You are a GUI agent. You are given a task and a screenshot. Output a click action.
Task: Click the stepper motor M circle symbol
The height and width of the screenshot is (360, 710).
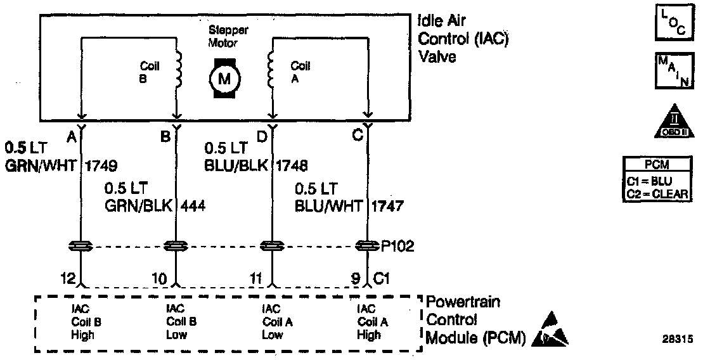click(x=224, y=79)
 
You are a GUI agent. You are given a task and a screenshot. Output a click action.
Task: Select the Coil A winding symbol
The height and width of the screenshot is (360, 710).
click(x=271, y=68)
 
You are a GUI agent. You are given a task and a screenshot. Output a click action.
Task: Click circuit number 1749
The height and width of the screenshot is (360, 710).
click(x=101, y=166)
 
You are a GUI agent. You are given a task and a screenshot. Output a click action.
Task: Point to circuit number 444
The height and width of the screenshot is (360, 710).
click(x=193, y=205)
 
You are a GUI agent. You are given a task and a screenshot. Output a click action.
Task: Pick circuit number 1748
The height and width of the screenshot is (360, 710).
click(x=292, y=166)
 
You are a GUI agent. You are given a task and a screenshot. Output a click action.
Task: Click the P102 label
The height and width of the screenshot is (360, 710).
click(x=397, y=246)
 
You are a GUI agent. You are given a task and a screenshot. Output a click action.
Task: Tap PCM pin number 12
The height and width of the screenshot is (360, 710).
click(x=68, y=278)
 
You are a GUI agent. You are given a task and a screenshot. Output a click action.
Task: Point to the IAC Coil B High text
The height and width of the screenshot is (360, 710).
click(x=82, y=322)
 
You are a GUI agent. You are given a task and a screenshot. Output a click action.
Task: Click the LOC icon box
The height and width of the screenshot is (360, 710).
click(x=671, y=20)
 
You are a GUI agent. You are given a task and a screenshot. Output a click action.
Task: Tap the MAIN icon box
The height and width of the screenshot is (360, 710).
click(x=671, y=72)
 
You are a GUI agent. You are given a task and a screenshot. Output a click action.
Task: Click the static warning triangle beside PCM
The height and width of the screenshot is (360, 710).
click(x=552, y=337)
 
